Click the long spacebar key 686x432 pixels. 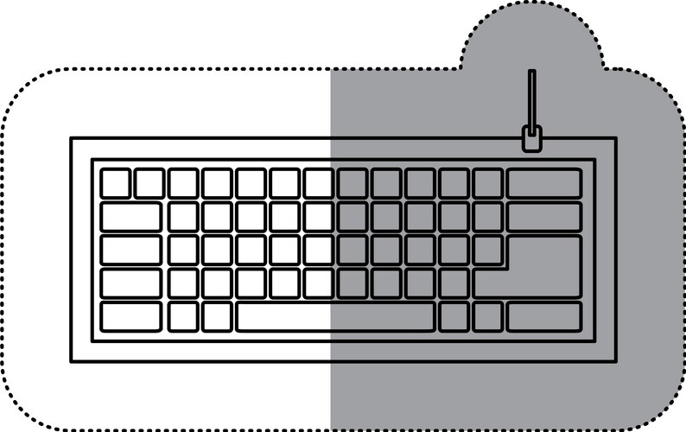[x=335, y=316]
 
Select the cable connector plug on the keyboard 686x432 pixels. [x=532, y=138]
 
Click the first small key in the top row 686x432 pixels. [x=115, y=183]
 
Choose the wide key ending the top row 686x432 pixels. [x=543, y=183]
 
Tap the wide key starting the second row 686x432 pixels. [x=130, y=216]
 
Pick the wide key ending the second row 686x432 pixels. [x=543, y=216]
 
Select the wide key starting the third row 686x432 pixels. [x=130, y=250]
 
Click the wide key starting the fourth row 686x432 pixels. [x=130, y=283]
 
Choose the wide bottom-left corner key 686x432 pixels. [x=130, y=316]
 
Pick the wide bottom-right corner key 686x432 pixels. [x=543, y=316]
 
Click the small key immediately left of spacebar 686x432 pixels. [x=217, y=316]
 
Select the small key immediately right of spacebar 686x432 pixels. [x=454, y=316]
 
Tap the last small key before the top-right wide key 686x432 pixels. [x=487, y=183]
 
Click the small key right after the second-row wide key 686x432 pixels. [x=183, y=216]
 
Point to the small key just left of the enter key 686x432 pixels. [x=487, y=250]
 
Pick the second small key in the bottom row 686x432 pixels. [x=217, y=316]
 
